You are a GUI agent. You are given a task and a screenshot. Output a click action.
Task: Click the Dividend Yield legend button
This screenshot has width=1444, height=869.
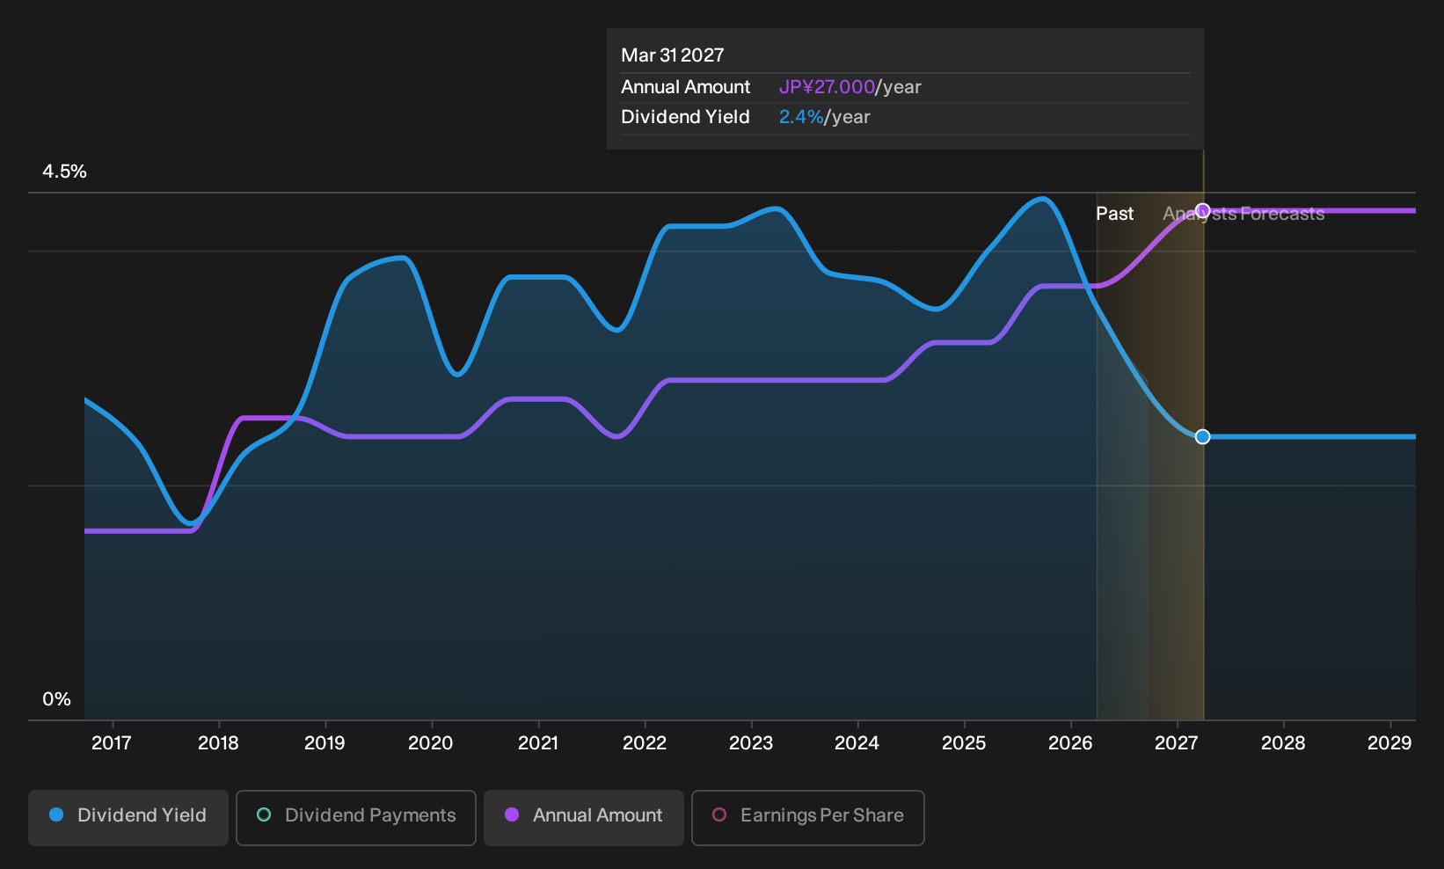[x=128, y=817]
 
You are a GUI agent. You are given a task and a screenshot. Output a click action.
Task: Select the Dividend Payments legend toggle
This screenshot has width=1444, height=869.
[x=356, y=817]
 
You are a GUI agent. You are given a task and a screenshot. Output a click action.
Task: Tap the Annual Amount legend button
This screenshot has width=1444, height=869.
[x=583, y=817]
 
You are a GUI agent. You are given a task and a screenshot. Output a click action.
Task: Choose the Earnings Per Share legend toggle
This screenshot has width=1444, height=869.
[x=807, y=817]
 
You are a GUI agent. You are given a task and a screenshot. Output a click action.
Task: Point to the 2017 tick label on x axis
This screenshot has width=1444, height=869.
[x=112, y=743]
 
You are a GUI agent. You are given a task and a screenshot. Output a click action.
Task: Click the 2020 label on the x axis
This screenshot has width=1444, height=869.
[x=431, y=743]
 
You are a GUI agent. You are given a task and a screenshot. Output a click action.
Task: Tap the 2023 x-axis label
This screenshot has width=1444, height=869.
[x=751, y=743]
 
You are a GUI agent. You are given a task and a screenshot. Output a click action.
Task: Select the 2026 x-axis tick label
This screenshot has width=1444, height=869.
[x=1070, y=743]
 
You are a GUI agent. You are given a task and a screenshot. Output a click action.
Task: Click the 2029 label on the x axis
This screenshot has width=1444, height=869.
[x=1389, y=743]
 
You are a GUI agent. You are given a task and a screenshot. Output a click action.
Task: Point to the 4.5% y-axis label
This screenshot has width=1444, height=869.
[x=64, y=172]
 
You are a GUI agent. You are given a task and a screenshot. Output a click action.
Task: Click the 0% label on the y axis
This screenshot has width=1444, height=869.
[x=57, y=699]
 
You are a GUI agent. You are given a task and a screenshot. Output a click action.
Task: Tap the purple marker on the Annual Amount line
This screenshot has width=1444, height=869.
[x=1203, y=211]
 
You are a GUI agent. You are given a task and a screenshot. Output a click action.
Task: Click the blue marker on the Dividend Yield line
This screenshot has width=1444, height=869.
[x=1203, y=437]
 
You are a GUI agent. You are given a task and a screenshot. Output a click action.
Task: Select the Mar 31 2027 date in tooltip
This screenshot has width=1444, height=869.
[x=673, y=55]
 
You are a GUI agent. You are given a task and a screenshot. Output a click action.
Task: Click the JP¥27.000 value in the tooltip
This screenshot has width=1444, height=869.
[x=827, y=87]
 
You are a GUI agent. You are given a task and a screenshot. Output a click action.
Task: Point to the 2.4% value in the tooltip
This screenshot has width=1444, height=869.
[x=801, y=117]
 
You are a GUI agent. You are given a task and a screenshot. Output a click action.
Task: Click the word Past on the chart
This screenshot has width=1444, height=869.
[x=1114, y=214]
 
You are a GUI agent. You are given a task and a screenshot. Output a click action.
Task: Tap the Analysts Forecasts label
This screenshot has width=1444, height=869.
[x=1243, y=214]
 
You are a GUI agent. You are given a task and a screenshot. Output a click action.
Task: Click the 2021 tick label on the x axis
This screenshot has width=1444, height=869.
[x=538, y=743]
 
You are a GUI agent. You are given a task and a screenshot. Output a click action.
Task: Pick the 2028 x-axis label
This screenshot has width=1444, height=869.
[x=1283, y=743]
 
